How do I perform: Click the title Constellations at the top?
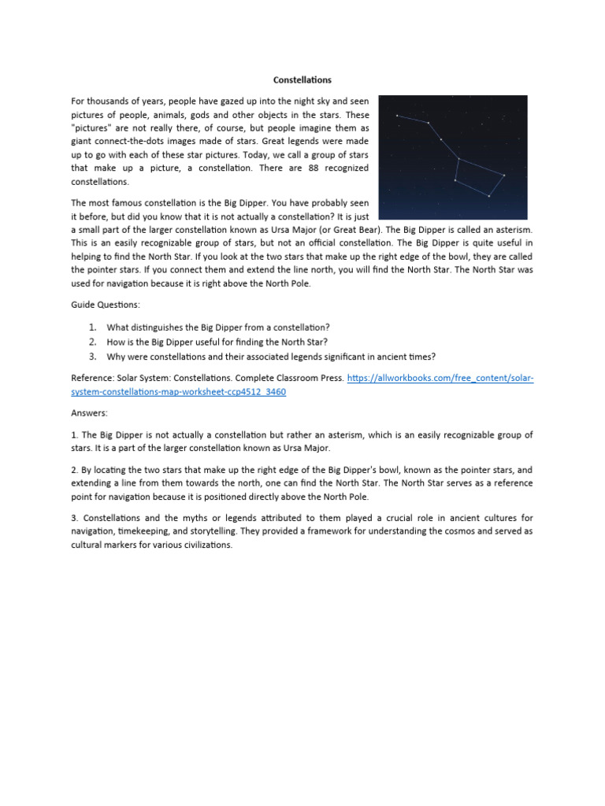302,80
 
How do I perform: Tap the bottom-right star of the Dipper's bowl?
489,196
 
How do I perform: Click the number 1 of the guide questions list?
92,327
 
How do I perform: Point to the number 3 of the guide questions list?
92,356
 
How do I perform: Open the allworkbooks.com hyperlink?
440,378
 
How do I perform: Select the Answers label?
89,412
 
